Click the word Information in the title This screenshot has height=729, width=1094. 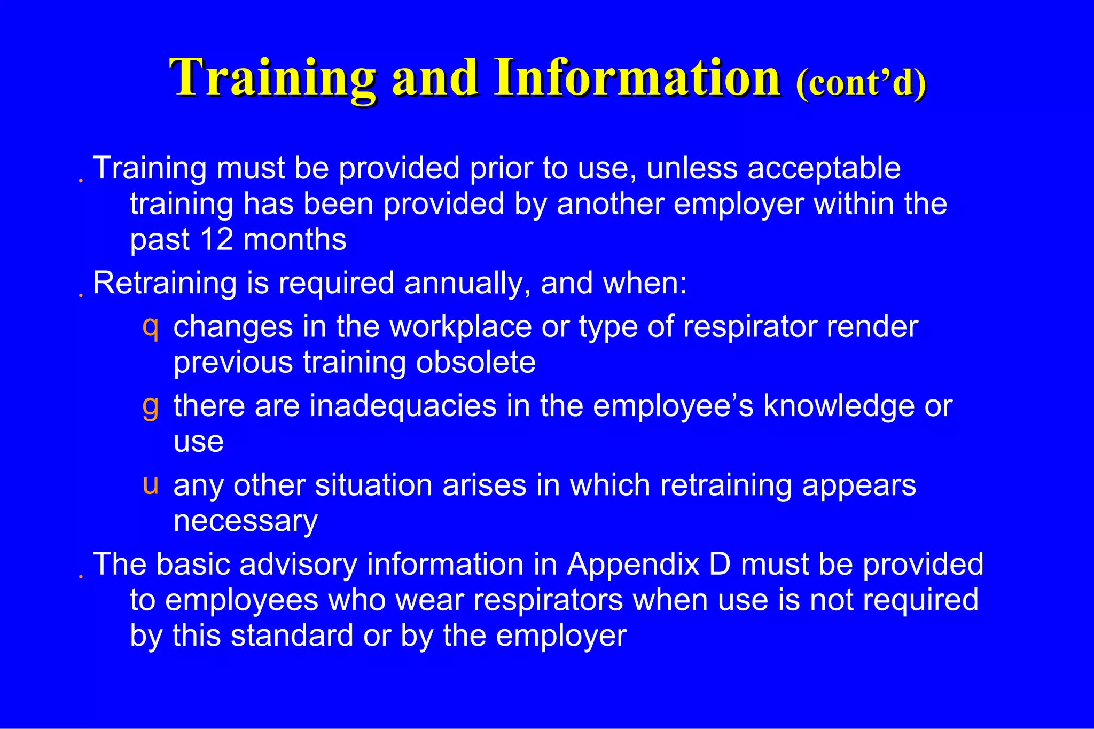point(638,78)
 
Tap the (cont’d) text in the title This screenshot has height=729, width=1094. point(861,83)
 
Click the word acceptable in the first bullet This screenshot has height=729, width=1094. point(824,169)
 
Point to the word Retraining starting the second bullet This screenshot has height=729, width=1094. point(165,283)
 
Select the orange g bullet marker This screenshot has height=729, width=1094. point(150,405)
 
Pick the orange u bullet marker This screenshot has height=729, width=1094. point(151,484)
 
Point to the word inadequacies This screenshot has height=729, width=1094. point(403,406)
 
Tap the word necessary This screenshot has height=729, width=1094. point(245,521)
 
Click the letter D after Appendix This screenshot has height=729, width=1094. point(719,564)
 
